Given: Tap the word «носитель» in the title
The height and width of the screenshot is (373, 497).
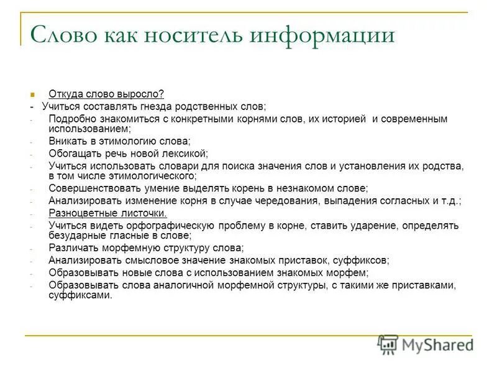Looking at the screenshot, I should click(198, 34).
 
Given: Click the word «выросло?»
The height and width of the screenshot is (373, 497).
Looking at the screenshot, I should click(140, 94).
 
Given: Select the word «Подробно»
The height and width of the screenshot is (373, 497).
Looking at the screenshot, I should click(73, 118).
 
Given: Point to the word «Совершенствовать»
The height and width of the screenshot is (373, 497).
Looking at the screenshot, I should click(95, 188).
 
